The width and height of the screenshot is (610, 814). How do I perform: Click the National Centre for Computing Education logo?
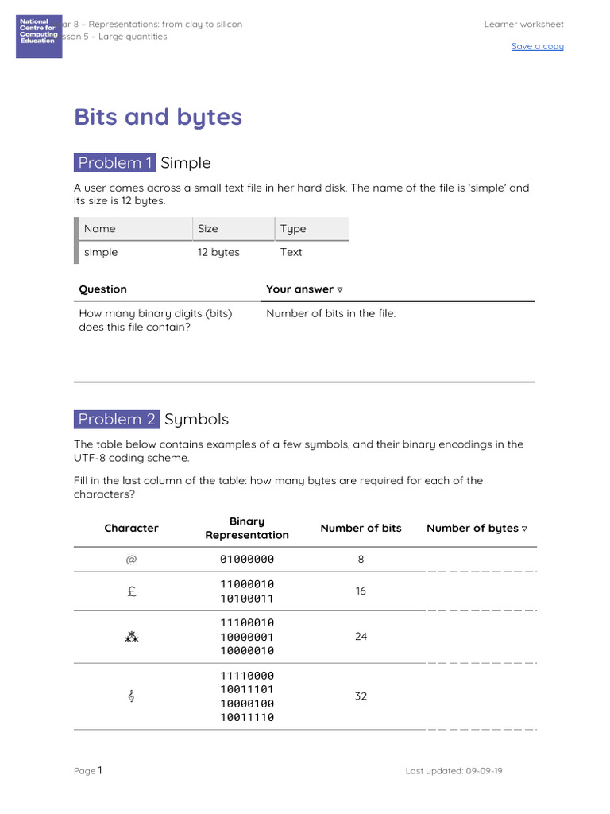tap(39, 36)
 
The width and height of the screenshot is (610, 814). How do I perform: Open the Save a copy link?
tap(537, 46)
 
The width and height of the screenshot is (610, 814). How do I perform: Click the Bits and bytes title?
tap(158, 117)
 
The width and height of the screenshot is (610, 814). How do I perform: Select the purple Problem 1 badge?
tap(115, 163)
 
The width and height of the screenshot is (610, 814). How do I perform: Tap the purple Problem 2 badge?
tap(117, 419)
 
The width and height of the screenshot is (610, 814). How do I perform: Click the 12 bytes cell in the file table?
tap(218, 252)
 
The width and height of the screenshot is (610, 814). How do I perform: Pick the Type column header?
tap(293, 229)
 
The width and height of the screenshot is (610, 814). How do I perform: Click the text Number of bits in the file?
tap(330, 313)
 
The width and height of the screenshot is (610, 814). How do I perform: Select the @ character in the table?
tap(131, 560)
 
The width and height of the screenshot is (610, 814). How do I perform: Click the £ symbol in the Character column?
tap(131, 591)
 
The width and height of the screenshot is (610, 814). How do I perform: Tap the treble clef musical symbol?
tap(131, 696)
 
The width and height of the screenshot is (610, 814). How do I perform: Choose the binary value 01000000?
tap(247, 560)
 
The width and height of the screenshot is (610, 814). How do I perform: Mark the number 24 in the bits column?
tap(361, 637)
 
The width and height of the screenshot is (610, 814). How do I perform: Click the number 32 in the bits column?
tap(361, 696)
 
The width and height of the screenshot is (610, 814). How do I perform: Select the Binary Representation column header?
tap(247, 528)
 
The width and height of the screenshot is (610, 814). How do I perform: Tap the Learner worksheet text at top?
tap(523, 25)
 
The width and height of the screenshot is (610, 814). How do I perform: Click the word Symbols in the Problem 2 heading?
tap(196, 419)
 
